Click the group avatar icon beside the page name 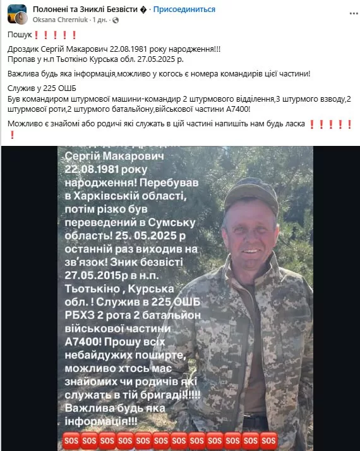point(17,14)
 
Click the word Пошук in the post point(20,35)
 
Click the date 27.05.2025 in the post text point(162,58)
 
